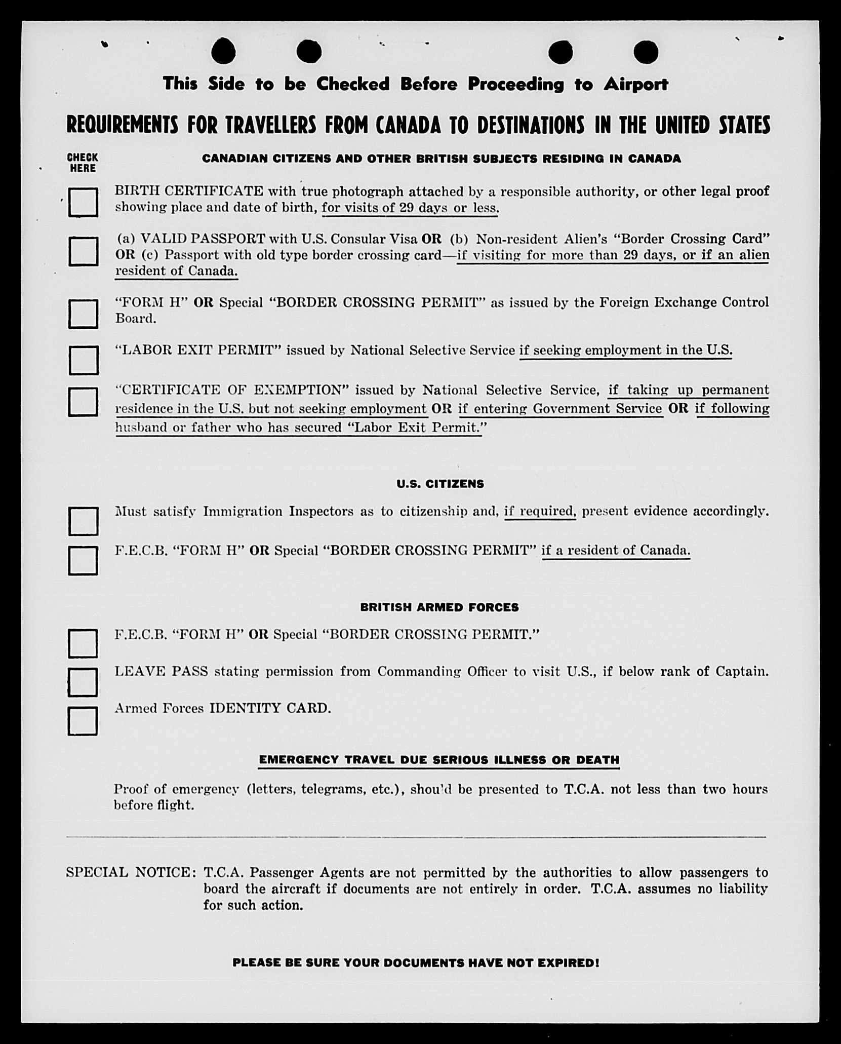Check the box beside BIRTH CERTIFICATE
tap(83, 202)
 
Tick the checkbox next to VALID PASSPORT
tap(83, 251)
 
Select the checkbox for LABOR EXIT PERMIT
tap(83, 360)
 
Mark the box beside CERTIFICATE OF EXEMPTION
tap(83, 402)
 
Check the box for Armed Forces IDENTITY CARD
tap(83, 721)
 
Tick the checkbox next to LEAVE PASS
tap(83, 682)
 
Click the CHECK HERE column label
tap(83, 163)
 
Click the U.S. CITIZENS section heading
tap(440, 484)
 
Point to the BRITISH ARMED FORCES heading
tap(439, 607)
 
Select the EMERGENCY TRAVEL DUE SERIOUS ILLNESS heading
tap(439, 759)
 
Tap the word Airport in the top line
tap(635, 84)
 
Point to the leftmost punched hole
tap(223, 52)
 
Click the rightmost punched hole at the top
tap(646, 52)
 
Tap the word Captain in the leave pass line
tap(742, 671)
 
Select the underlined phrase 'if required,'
tap(540, 511)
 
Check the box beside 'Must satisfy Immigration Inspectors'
tap(83, 521)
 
